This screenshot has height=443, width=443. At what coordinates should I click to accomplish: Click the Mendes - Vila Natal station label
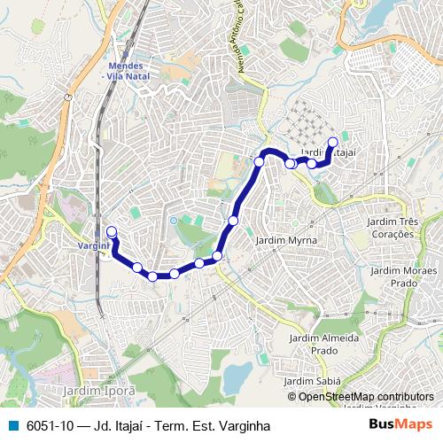(128, 71)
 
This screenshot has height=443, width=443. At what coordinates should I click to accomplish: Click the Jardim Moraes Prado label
(403, 276)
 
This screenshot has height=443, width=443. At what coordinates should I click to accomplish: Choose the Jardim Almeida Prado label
(325, 344)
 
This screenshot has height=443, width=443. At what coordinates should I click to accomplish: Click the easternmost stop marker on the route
(333, 142)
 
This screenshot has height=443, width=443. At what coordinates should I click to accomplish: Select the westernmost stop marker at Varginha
(112, 232)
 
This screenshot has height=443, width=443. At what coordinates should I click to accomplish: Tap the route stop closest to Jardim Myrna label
(234, 220)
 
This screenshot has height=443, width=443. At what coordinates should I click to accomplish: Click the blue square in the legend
(13, 425)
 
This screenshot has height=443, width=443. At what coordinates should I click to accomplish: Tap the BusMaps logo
(400, 425)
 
